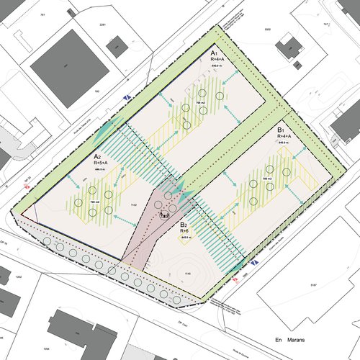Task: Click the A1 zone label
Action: (x=214, y=54)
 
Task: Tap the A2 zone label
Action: (x=97, y=156)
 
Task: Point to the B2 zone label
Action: (x=184, y=224)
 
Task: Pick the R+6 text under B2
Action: (x=184, y=230)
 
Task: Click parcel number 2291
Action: (x=102, y=26)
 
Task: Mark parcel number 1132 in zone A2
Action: (x=132, y=206)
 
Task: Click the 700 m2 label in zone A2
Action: (x=94, y=203)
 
